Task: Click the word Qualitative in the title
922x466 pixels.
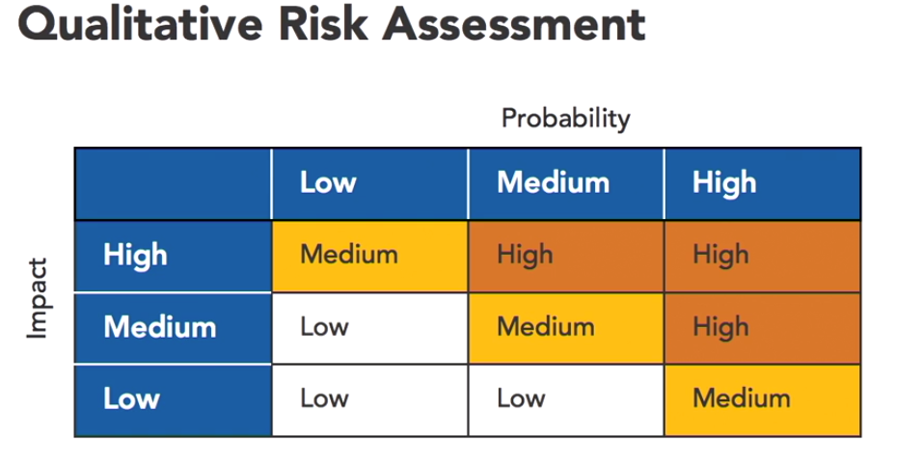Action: tap(141, 24)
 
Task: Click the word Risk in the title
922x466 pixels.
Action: tap(323, 24)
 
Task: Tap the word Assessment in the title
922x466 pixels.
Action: tap(514, 24)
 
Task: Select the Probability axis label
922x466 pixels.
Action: tap(566, 119)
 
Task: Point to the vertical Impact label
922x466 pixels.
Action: tap(37, 298)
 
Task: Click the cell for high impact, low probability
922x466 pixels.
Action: tap(369, 256)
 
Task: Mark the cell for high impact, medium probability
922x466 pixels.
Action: tap(566, 256)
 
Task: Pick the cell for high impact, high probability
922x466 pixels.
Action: tap(762, 256)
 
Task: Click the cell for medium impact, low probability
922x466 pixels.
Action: tap(369, 328)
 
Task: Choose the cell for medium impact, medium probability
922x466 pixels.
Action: tap(566, 328)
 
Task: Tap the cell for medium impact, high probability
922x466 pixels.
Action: tap(762, 328)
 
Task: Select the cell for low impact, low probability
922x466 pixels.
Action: tap(369, 400)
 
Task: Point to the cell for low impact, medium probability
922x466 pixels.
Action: tap(566, 400)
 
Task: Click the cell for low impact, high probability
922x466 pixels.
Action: tap(762, 400)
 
